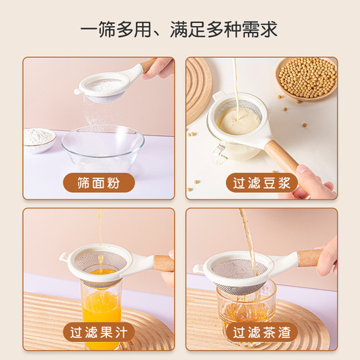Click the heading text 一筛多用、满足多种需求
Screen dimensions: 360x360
[179, 30]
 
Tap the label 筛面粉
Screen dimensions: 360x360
[98, 181]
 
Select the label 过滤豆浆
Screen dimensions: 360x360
[261, 181]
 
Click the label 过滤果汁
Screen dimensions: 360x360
[98, 332]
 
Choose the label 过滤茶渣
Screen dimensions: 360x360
[261, 332]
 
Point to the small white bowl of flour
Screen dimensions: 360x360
[40, 138]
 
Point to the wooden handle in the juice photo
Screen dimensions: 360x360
[163, 263]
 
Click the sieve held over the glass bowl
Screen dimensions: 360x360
[107, 86]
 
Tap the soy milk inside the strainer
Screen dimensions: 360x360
[238, 121]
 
